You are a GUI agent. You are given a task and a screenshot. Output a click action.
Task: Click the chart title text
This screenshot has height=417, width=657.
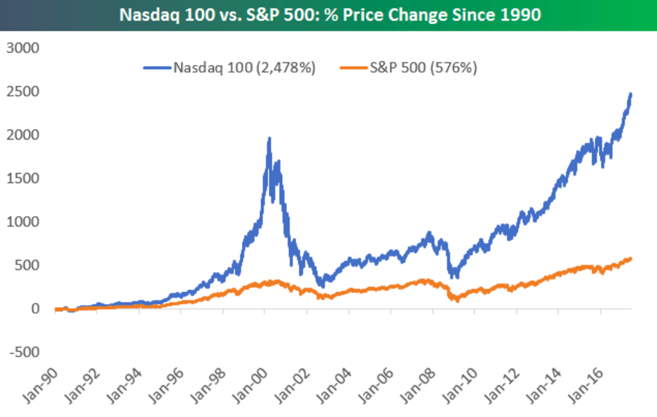330,14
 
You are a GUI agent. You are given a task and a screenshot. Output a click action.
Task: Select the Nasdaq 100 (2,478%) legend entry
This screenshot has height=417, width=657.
244,68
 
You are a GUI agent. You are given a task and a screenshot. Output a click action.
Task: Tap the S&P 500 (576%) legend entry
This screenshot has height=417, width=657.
423,68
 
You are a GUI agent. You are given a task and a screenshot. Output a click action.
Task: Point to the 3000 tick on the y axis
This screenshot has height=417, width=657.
23,48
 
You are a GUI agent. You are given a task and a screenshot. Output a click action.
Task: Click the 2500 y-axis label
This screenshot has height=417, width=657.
23,91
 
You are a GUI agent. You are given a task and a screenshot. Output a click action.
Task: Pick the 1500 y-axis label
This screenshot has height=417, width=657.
23,178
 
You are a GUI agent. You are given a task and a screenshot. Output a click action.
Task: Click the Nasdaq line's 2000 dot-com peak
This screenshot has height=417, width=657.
269,139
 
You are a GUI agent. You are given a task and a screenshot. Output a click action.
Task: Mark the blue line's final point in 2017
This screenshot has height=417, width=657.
631,94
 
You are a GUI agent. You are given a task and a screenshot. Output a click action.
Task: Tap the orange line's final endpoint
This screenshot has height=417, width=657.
631,258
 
